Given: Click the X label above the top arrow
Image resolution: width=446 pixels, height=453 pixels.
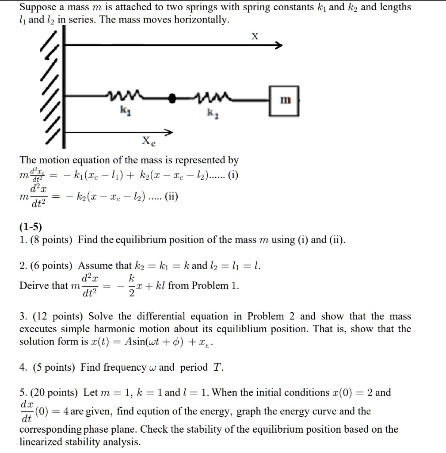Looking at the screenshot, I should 255,37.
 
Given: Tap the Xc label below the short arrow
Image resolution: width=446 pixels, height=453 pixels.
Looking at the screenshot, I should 147,142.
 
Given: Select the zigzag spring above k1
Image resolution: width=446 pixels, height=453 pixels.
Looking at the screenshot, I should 124,94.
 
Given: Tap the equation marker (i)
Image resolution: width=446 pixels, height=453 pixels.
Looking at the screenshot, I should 233,175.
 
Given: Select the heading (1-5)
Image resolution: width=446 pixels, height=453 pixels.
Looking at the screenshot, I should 30,227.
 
